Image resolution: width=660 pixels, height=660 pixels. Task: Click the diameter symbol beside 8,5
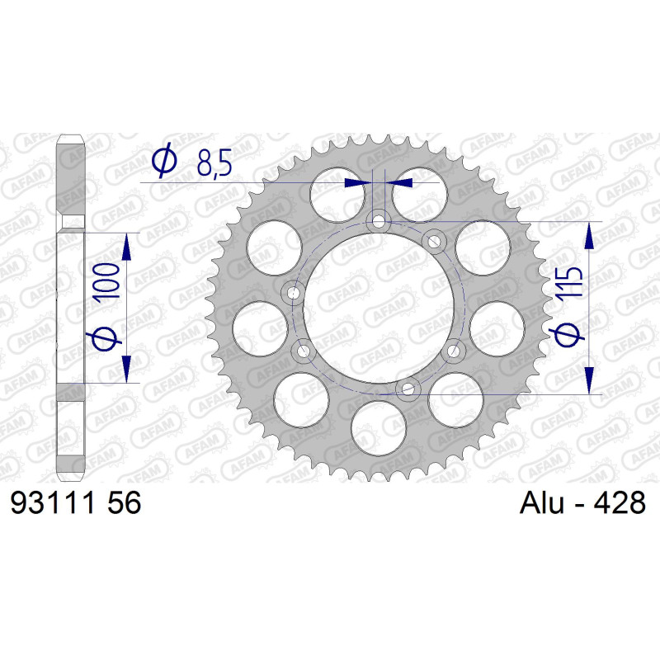[x=164, y=160]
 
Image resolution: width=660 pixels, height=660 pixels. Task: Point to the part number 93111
[x=55, y=502]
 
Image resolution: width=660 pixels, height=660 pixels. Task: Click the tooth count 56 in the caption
[x=125, y=502]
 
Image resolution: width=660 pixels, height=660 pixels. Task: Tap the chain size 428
[x=620, y=502]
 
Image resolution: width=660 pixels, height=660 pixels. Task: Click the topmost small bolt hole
[x=379, y=221]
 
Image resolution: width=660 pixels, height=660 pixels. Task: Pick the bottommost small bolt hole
[x=408, y=389]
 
